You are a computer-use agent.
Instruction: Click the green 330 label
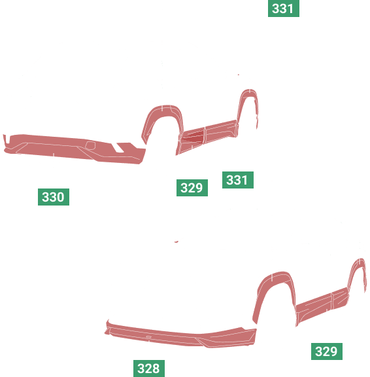pyautogui.click(x=54, y=197)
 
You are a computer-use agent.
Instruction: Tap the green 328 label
pyautogui.click(x=149, y=368)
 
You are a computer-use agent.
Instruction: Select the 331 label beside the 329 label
pyautogui.click(x=238, y=180)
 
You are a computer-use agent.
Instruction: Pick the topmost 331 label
pyautogui.click(x=284, y=9)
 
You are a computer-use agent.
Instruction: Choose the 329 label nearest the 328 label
pyautogui.click(x=327, y=351)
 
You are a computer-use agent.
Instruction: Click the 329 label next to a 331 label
pyautogui.click(x=192, y=188)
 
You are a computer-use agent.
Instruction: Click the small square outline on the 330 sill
pyautogui.click(x=90, y=145)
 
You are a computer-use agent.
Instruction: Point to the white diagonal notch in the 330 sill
pyautogui.click(x=118, y=148)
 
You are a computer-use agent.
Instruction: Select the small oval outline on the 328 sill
pyautogui.click(x=148, y=337)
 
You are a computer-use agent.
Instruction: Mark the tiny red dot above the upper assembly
pyautogui.click(x=239, y=75)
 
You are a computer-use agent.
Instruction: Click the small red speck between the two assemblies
pyautogui.click(x=177, y=242)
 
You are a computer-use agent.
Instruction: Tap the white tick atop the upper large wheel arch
pyautogui.click(x=162, y=108)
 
